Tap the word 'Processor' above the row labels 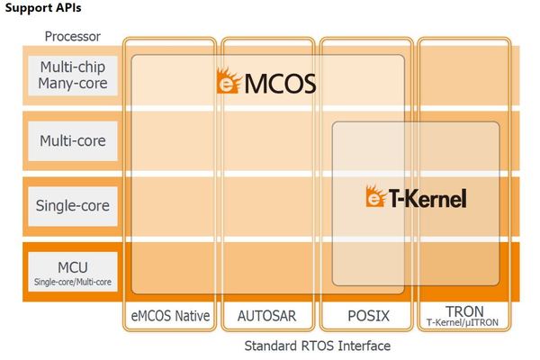click(73, 37)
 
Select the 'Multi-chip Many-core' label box click(73, 75)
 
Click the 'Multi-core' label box click(73, 140)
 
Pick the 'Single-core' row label click(73, 205)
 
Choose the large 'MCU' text click(73, 267)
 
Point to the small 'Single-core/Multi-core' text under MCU click(73, 283)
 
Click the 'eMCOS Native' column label click(171, 316)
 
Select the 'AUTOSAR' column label click(268, 316)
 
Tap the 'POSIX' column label click(366, 316)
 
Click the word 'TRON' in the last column click(464, 311)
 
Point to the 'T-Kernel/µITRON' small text click(464, 324)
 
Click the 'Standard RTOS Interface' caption click(318, 345)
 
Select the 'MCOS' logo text click(278, 85)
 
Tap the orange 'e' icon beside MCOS click(227, 84)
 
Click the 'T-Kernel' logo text click(427, 198)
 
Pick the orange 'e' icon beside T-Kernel click(375, 197)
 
